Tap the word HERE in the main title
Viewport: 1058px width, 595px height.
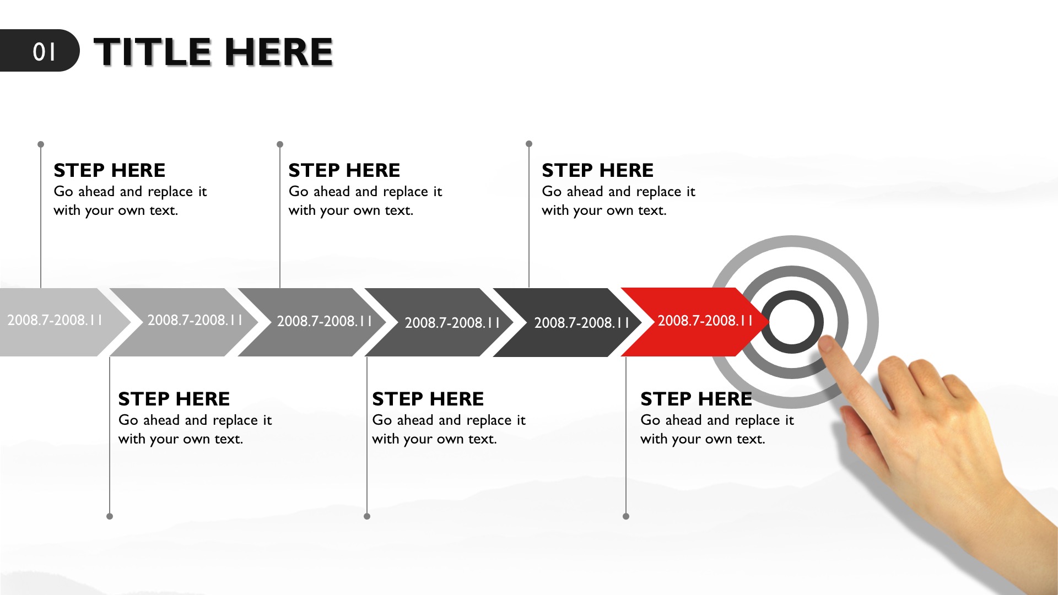coord(279,52)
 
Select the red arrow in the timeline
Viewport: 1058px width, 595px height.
coord(694,322)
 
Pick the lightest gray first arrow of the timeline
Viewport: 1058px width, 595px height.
coord(61,322)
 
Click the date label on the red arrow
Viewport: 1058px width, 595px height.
coord(705,321)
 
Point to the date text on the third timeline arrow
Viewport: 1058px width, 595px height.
coord(324,321)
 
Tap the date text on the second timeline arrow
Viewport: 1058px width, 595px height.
coord(195,320)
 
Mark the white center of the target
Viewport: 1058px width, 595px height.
coord(792,322)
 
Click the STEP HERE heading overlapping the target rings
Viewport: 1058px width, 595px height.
coord(696,399)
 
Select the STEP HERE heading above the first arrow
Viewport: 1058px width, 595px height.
coord(109,170)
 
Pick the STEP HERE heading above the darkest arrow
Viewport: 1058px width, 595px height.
coord(597,170)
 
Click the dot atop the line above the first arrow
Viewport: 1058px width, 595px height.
coord(41,144)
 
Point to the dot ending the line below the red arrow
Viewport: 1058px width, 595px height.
coord(626,516)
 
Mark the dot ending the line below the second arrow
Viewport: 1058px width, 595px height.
coord(110,516)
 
